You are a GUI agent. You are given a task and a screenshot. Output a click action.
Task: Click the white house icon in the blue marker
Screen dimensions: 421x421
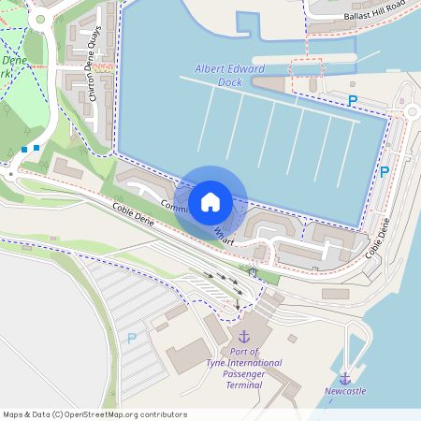210,201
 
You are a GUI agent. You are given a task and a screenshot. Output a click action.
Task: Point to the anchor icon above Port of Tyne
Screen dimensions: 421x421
244,335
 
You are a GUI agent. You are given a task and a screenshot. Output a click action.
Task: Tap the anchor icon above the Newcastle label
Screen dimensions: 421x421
344,377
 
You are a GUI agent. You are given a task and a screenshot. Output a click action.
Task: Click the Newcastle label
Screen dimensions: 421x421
344,391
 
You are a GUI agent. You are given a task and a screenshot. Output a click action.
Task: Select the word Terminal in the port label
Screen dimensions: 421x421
243,385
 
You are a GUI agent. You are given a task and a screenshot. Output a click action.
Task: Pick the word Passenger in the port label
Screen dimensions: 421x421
243,373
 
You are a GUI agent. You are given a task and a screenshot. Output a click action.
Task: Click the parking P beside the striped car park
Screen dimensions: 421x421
132,338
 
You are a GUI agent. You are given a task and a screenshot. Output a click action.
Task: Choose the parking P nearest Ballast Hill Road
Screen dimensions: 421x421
353,100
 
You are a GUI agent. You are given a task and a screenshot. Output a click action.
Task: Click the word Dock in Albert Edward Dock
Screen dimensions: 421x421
230,82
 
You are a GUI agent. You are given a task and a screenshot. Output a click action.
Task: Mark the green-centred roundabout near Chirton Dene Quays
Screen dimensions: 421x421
41,19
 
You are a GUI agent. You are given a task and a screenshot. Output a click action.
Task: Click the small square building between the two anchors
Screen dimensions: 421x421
293,339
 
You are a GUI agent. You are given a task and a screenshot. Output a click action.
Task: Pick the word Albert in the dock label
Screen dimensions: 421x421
210,69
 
